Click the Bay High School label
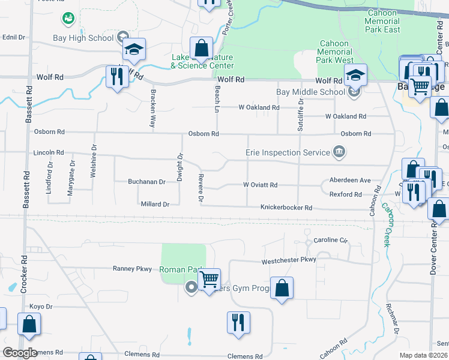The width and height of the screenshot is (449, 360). [87, 38]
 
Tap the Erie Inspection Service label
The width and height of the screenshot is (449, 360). [288, 152]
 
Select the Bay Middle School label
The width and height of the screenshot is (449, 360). [310, 92]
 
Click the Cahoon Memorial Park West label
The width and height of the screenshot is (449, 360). [336, 52]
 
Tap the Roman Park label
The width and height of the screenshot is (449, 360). [181, 269]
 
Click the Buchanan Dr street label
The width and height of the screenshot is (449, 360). [146, 181]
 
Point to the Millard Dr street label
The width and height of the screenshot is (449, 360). [154, 204]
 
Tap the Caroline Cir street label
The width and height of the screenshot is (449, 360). [331, 240]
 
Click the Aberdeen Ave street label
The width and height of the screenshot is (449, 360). [350, 180]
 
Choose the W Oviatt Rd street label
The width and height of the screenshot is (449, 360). [259, 185]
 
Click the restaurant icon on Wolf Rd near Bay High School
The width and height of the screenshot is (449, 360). [116, 76]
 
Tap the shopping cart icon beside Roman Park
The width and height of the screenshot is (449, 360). [209, 278]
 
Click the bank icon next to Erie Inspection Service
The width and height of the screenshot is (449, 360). [339, 152]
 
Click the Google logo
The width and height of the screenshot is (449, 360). [20, 353]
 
